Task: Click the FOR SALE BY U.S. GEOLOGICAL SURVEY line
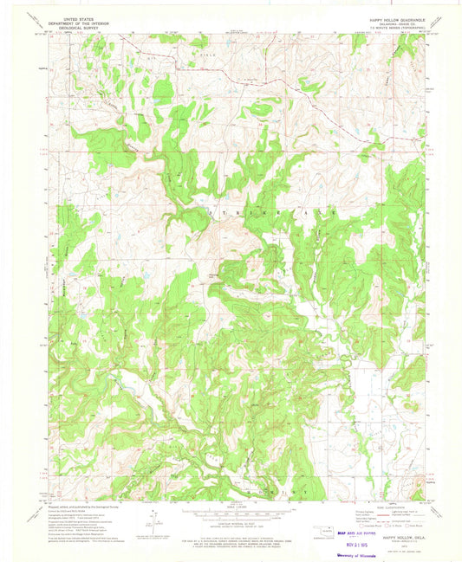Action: tap(231, 538)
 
